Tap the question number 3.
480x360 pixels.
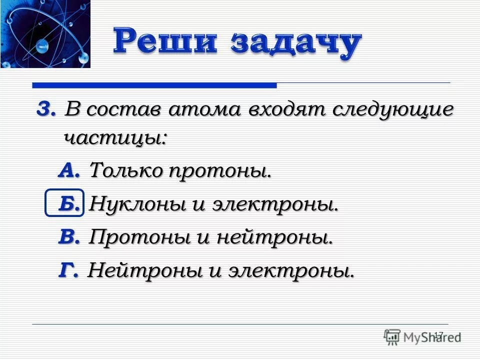pos(44,108)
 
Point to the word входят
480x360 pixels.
pos(283,109)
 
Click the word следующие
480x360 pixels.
pos(390,110)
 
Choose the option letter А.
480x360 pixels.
pos(69,171)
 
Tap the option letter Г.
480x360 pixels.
pos(68,271)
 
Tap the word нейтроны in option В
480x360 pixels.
pos(274,238)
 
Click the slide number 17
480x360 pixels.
pos(438,335)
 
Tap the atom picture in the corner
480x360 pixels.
pos(45,34)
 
